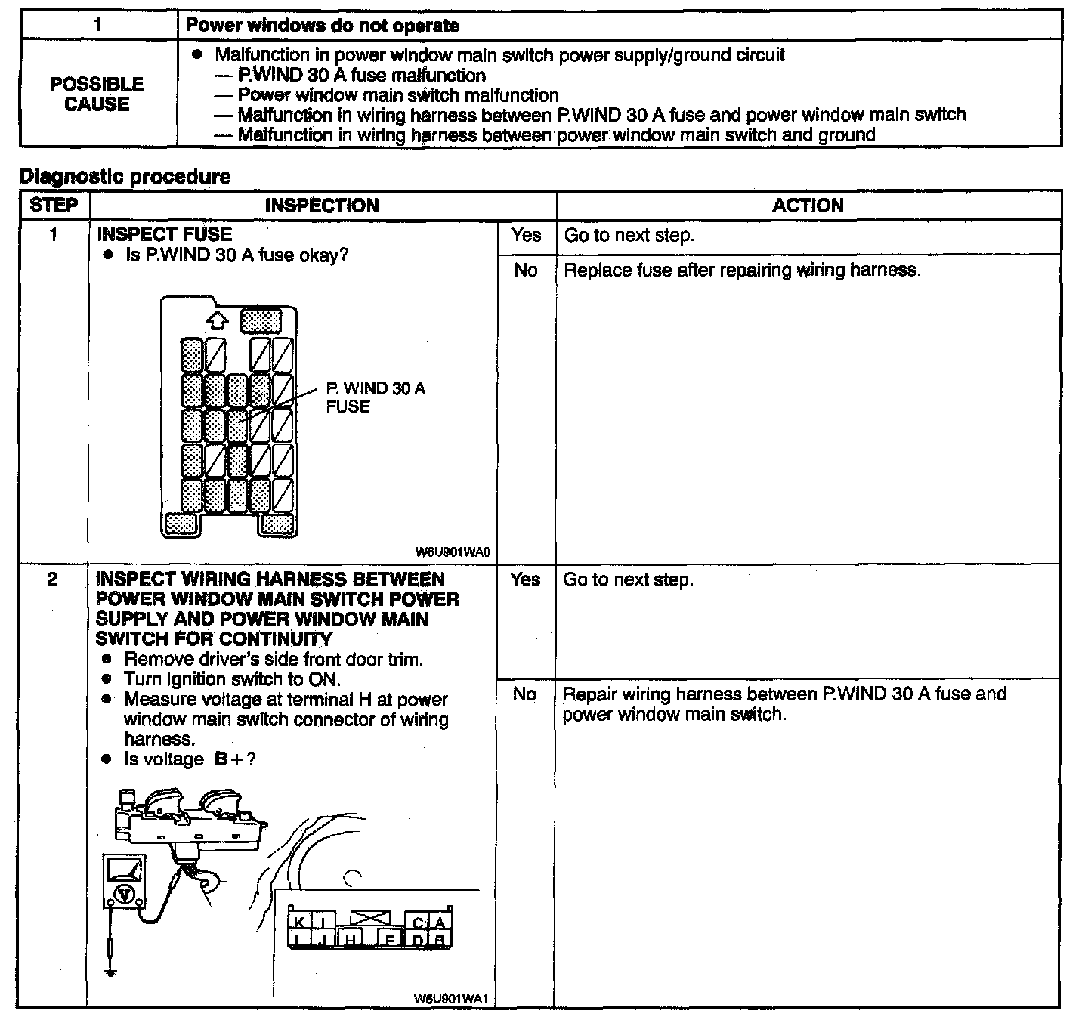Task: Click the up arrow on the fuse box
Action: tap(217, 320)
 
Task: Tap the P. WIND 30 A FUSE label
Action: tap(376, 397)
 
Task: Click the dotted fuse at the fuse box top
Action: tap(261, 321)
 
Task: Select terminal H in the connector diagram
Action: tap(351, 939)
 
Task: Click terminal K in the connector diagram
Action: tap(299, 922)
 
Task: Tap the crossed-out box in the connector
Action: tap(370, 919)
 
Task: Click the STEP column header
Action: tap(54, 205)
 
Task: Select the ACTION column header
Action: tap(808, 206)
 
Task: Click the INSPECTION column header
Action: tap(322, 206)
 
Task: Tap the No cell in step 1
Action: tap(526, 270)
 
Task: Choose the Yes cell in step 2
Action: tap(525, 579)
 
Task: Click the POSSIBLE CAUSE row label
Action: tap(97, 94)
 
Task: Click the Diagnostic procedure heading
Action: tap(125, 177)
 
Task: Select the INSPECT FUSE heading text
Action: tap(164, 234)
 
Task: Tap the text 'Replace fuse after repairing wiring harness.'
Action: tap(742, 270)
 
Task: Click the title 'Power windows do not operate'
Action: tap(323, 26)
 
